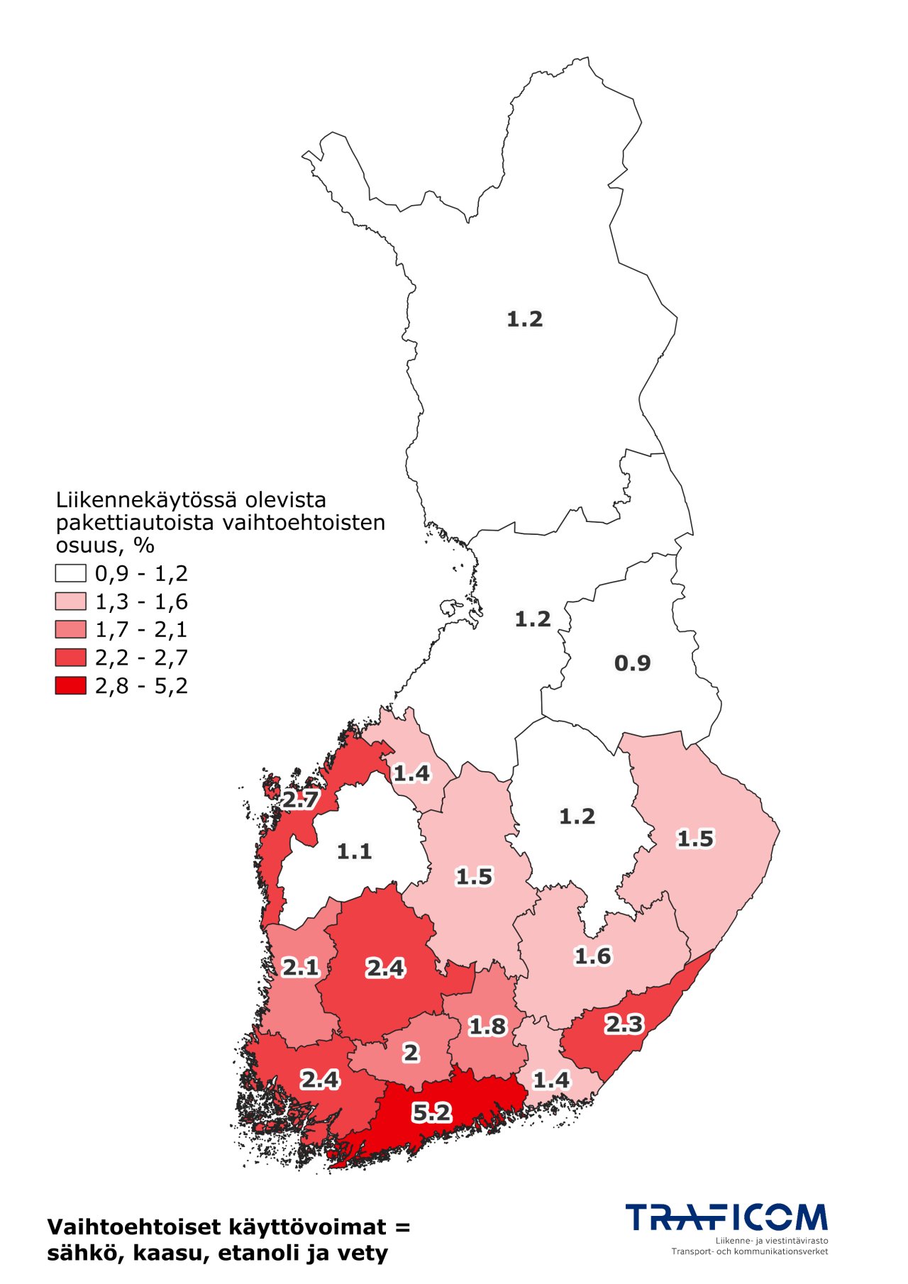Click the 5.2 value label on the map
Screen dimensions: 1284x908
(431, 1112)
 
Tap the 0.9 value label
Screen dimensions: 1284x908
(632, 663)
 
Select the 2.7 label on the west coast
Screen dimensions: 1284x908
(300, 800)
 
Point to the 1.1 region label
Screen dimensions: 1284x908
(354, 851)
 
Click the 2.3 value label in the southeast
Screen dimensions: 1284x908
(624, 1024)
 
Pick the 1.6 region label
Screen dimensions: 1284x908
(592, 956)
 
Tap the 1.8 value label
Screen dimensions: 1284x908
(487, 1026)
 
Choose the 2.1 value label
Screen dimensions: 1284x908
(300, 968)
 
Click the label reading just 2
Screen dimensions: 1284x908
(411, 1053)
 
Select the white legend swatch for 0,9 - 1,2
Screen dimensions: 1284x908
(71, 573)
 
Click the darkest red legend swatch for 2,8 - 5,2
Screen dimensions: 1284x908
(71, 685)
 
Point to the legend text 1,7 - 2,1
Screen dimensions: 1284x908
(141, 630)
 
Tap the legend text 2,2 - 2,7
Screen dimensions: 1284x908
(141, 658)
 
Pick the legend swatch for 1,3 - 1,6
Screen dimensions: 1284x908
(71, 602)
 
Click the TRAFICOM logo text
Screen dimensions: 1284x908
(726, 1217)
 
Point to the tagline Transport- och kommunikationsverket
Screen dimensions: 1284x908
(749, 1251)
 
